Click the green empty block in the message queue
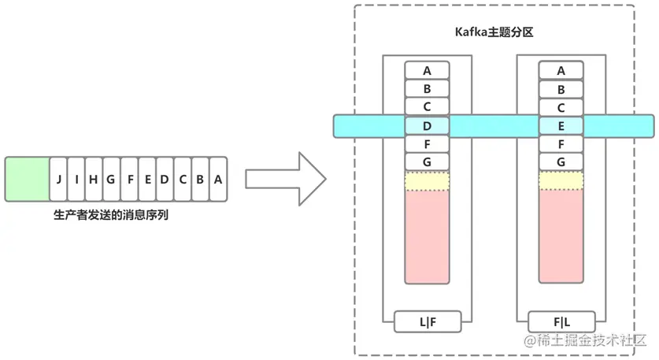pyautogui.click(x=27, y=180)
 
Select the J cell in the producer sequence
pyautogui.click(x=58, y=180)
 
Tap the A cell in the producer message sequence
pyautogui.click(x=218, y=180)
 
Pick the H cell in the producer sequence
pyautogui.click(x=94, y=180)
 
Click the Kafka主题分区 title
pyautogui.click(x=494, y=33)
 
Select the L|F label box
pyautogui.click(x=427, y=321)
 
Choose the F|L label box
pyautogui.click(x=561, y=321)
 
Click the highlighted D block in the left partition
pyautogui.click(x=427, y=125)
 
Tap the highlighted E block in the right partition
pyautogui.click(x=561, y=125)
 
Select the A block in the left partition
pyautogui.click(x=427, y=70)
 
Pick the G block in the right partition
pyautogui.click(x=561, y=161)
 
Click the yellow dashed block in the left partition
pyautogui.click(x=427, y=180)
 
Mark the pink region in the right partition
pyautogui.click(x=561, y=236)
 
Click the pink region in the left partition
pyautogui.click(x=427, y=236)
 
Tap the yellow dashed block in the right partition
pyautogui.click(x=561, y=180)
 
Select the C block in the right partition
pyautogui.click(x=561, y=107)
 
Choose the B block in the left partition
pyautogui.click(x=427, y=88)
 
